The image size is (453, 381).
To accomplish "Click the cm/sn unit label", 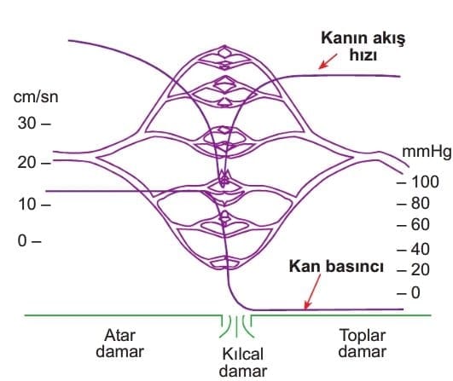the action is pos(36,96).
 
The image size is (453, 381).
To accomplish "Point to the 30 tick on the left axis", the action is pos(34,124).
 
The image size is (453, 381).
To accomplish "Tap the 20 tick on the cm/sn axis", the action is pos(34,163).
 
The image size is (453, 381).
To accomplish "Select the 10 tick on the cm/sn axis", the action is pos(34,205).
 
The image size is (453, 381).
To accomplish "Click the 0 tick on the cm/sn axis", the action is pos(29,240).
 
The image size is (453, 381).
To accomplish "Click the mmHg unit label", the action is pos(427,152).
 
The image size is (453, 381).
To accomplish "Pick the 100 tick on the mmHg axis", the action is pos(418,182).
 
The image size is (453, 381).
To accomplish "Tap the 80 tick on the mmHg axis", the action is pos(413,204).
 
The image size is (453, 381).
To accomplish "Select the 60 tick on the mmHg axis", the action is pos(413,224).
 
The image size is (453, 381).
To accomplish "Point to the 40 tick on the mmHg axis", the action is pos(413,249).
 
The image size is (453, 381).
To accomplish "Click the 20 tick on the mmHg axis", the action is pos(413,270).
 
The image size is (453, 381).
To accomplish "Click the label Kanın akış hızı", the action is pos(363,46).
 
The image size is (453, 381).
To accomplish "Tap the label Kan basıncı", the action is pos(336,266).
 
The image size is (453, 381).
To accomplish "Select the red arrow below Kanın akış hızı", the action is pos(328,61).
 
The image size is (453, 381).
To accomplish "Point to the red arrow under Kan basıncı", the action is pos(312,292).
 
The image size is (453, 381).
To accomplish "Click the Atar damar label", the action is pos(120,343).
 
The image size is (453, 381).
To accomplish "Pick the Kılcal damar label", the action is pos(242,362).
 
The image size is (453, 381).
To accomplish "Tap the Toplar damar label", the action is pos(363,343).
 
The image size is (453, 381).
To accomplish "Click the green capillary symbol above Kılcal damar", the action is pos(236,326).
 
